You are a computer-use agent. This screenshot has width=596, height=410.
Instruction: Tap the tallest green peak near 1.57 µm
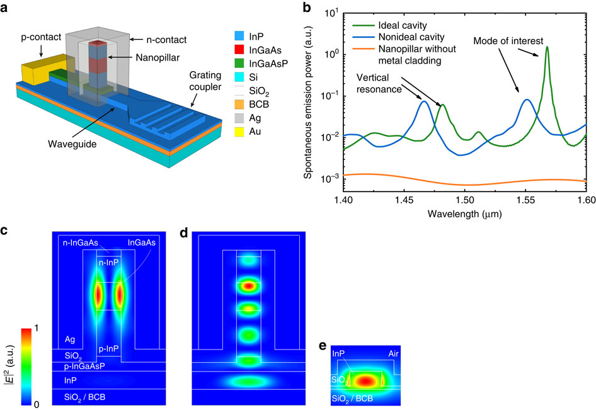pyautogui.click(x=547, y=47)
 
